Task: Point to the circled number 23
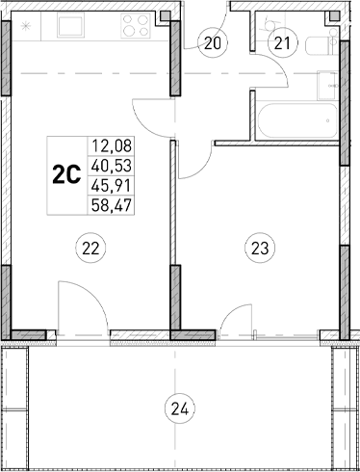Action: (260, 249)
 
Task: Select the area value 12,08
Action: (111, 146)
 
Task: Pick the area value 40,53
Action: (111, 165)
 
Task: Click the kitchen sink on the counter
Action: (73, 25)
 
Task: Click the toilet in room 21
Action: (262, 24)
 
